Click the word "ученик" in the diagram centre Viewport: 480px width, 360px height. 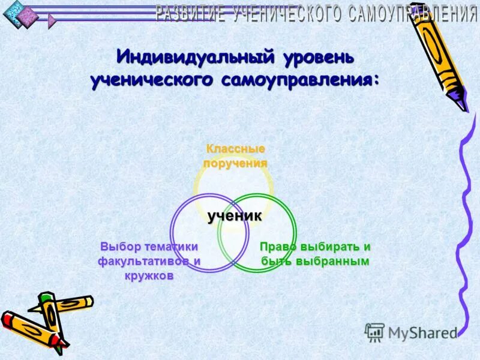tap(235, 216)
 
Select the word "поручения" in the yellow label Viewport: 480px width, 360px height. tap(235, 163)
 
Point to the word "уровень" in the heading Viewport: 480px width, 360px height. tap(318, 59)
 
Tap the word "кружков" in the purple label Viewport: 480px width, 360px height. tap(149, 276)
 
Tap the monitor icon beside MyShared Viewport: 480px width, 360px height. tap(374, 332)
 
